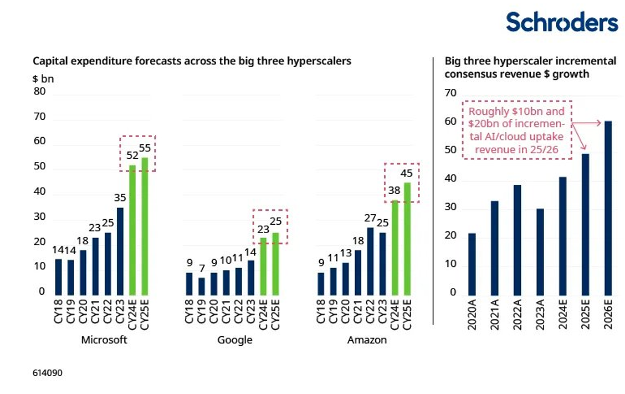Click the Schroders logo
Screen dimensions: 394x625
tap(561, 23)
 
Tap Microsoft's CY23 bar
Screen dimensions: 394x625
tap(120, 251)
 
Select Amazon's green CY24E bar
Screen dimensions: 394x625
tap(395, 247)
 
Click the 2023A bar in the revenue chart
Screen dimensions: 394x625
tap(540, 251)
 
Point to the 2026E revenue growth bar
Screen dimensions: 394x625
tap(608, 208)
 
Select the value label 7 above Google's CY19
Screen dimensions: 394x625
tap(201, 270)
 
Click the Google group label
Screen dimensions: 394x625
tap(235, 340)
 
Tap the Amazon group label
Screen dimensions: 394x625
tap(366, 340)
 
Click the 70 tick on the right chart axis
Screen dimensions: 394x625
tap(450, 93)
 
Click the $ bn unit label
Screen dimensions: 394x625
tap(43, 79)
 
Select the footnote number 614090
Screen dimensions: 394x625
tap(48, 373)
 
